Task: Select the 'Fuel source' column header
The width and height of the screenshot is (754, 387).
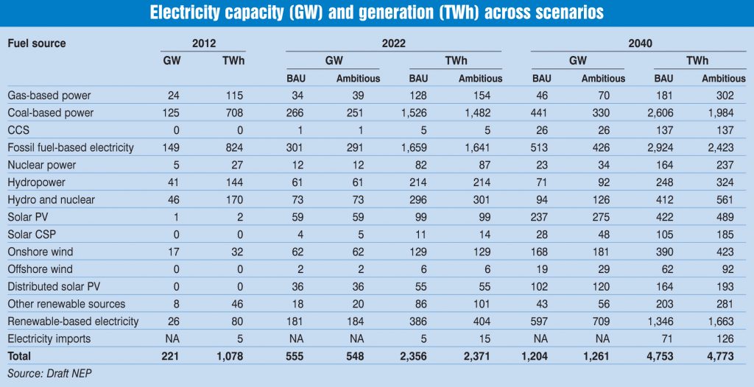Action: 36,43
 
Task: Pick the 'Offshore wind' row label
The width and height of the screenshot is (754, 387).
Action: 41,269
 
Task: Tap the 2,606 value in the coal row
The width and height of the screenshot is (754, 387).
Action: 666,113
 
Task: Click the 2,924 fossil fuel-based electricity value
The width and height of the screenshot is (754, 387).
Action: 666,148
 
